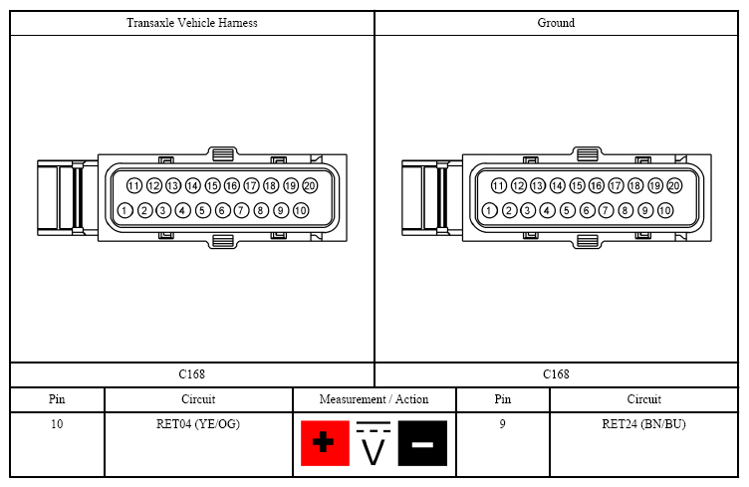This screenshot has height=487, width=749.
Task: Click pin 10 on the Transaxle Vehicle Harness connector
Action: coord(301,210)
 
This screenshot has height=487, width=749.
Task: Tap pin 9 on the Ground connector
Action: coord(644,210)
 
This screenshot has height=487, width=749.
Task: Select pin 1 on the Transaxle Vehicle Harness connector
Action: coord(125,210)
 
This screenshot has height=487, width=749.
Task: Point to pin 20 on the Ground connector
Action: coord(674,185)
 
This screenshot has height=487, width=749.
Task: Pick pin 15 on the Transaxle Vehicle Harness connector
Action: coord(212,185)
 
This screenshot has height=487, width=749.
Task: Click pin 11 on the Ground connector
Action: coord(499,185)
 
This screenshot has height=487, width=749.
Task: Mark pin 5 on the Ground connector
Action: coord(567,210)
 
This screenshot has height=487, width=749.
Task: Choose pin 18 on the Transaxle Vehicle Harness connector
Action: coord(271,185)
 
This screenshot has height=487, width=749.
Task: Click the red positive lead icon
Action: coord(325,443)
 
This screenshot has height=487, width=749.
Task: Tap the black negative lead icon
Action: coord(422,443)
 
